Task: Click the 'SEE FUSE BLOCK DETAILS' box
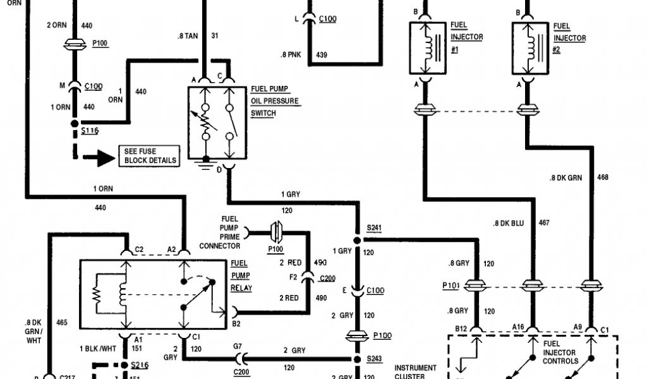(x=148, y=155)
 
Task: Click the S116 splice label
(x=89, y=130)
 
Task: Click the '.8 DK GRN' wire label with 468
(x=565, y=177)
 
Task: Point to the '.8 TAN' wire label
(x=188, y=36)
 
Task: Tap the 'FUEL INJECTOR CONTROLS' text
(x=560, y=352)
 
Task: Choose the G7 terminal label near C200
(x=238, y=346)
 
